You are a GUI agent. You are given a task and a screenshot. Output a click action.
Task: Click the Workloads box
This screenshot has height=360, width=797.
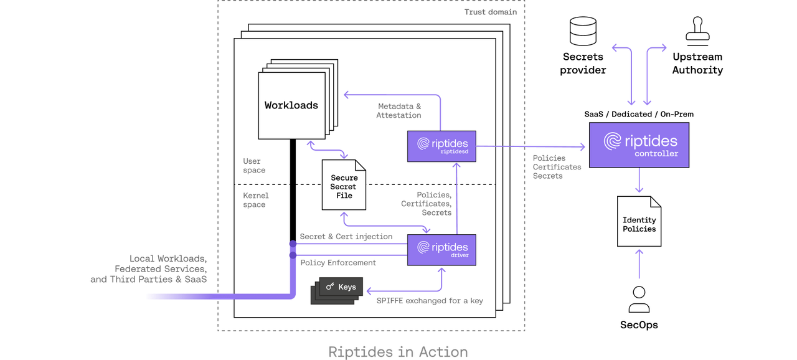[291, 105]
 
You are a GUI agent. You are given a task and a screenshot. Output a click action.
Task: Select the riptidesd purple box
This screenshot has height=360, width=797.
[441, 147]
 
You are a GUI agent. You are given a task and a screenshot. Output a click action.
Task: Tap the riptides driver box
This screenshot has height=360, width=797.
[441, 250]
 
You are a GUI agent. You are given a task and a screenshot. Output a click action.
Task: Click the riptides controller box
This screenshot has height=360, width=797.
[639, 144]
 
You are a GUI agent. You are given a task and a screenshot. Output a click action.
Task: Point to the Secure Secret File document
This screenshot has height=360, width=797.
[344, 186]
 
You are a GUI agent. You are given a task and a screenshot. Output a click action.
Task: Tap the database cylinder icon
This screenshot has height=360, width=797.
[583, 31]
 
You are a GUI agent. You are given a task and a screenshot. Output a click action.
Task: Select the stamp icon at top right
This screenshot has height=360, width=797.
[697, 29]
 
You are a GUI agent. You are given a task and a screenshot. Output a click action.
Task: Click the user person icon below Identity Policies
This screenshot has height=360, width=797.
[639, 300]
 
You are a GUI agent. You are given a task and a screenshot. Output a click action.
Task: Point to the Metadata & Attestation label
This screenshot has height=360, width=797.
[399, 111]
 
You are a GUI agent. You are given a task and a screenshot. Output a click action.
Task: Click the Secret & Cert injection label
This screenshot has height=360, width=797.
[346, 237]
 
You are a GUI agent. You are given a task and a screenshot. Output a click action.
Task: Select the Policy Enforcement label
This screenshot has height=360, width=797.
[338, 263]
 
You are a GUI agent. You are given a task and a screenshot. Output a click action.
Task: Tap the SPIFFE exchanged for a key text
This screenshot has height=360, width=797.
[430, 301]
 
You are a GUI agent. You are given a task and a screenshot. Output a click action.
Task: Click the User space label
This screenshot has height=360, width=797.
[254, 166]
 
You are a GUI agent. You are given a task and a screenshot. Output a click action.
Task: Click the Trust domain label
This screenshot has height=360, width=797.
[491, 12]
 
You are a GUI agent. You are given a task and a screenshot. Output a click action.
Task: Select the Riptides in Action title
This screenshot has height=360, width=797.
[398, 352]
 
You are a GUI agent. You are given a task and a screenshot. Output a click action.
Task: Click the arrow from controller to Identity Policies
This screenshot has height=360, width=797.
[639, 181]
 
